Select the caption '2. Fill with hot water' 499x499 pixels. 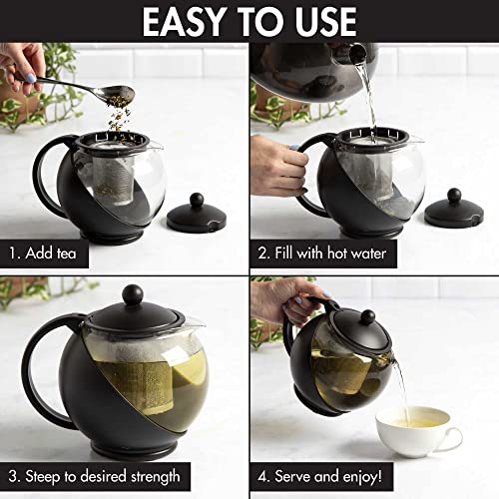[x=324, y=253]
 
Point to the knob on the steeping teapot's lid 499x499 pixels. [x=131, y=295]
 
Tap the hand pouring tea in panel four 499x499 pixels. [x=289, y=294]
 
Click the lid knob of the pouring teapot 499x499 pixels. [x=367, y=316]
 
